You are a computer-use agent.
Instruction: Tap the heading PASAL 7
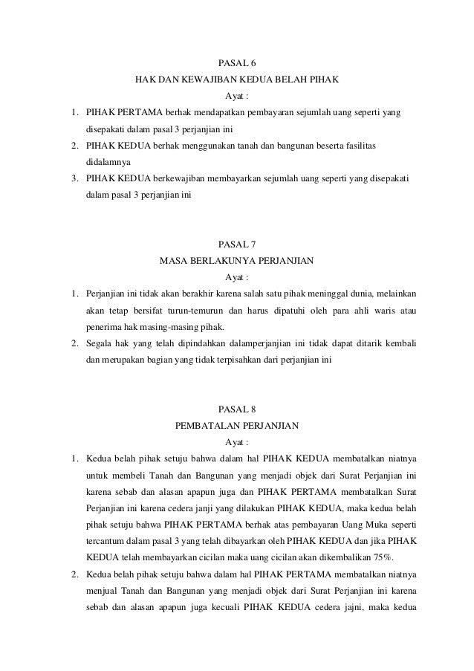click(x=237, y=244)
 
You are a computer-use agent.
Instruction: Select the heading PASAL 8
click(x=237, y=409)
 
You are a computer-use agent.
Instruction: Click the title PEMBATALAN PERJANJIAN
click(x=237, y=426)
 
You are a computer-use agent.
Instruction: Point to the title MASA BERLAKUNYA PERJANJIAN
click(x=237, y=261)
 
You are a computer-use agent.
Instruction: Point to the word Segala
click(x=100, y=344)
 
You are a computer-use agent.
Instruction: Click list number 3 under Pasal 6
click(x=75, y=179)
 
